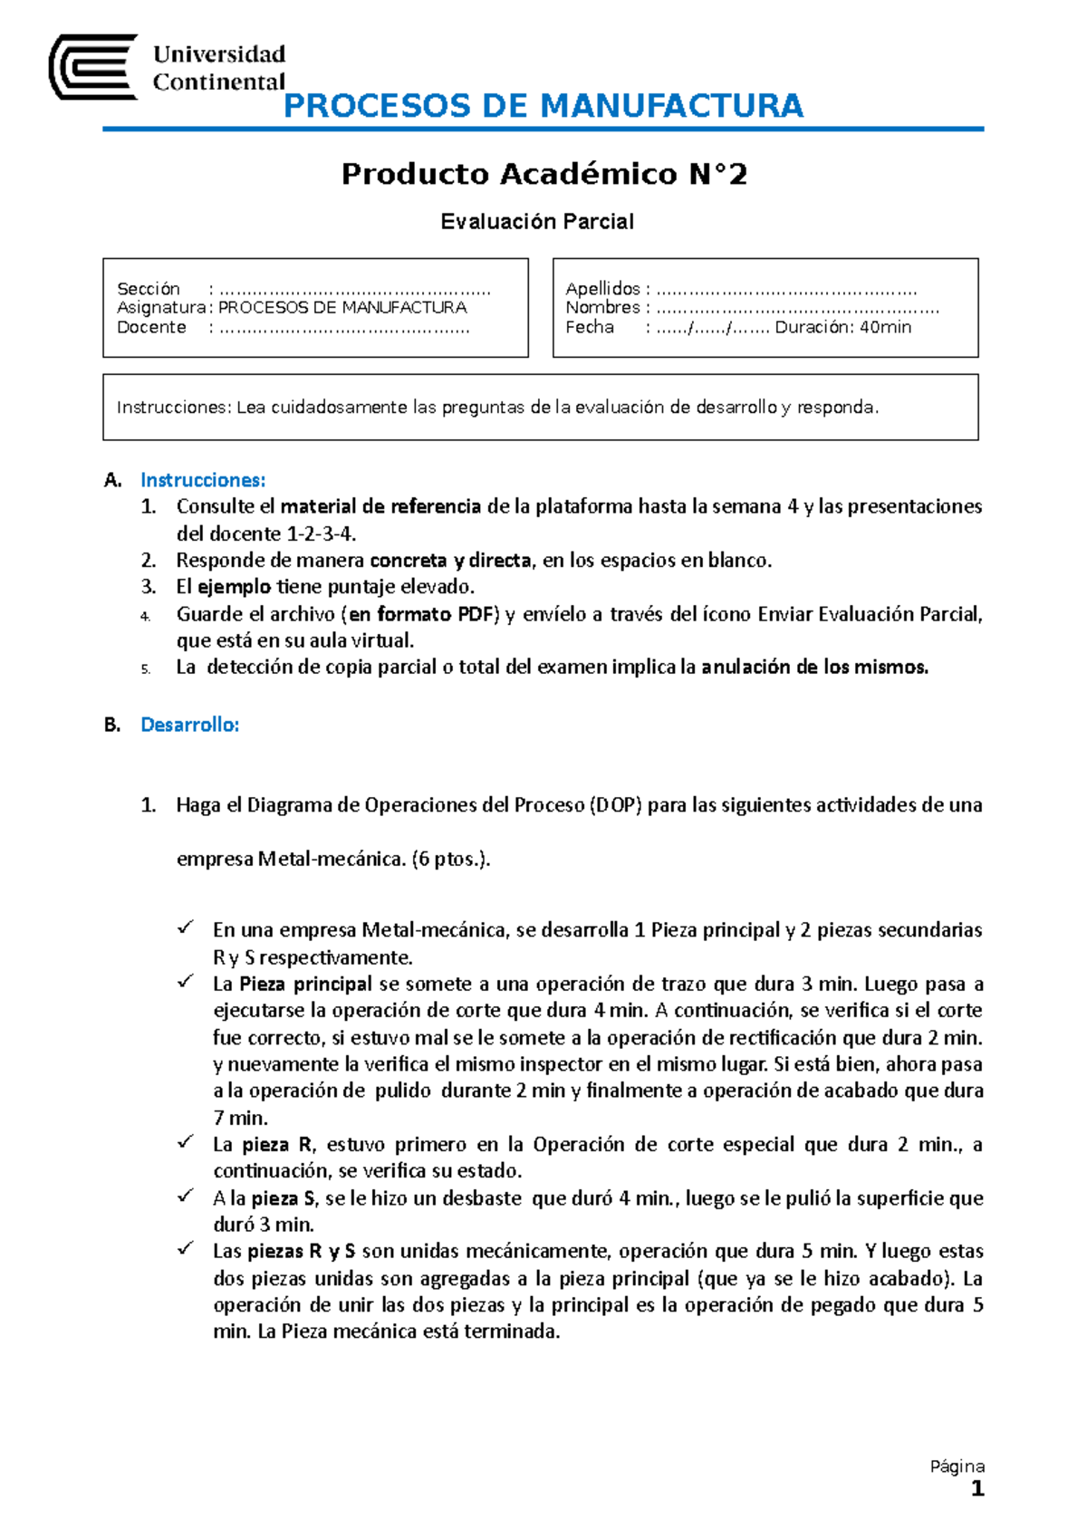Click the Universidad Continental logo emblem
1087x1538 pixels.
click(x=92, y=67)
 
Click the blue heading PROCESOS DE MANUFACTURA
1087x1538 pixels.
click(x=543, y=106)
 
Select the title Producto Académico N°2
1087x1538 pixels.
click(x=543, y=174)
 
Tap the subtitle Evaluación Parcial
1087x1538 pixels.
click(x=537, y=222)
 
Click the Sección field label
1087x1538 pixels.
click(x=149, y=289)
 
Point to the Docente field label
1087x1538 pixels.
click(x=151, y=327)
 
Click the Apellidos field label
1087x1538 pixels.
click(x=602, y=289)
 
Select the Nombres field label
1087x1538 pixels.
click(x=602, y=308)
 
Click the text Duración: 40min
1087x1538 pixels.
click(x=842, y=327)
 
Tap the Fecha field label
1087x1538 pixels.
click(x=590, y=327)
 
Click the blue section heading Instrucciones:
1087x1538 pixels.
click(x=203, y=480)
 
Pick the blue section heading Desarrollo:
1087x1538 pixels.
click(x=190, y=725)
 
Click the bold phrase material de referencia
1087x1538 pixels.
click(x=380, y=506)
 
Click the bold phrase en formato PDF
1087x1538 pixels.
click(x=422, y=614)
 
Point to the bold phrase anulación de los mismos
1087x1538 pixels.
click(x=815, y=668)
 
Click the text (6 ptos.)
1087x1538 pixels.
click(x=450, y=859)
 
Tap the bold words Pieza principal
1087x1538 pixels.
click(x=305, y=984)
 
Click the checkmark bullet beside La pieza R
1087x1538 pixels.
click(x=186, y=1142)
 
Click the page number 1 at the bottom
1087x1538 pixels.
click(x=976, y=1489)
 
